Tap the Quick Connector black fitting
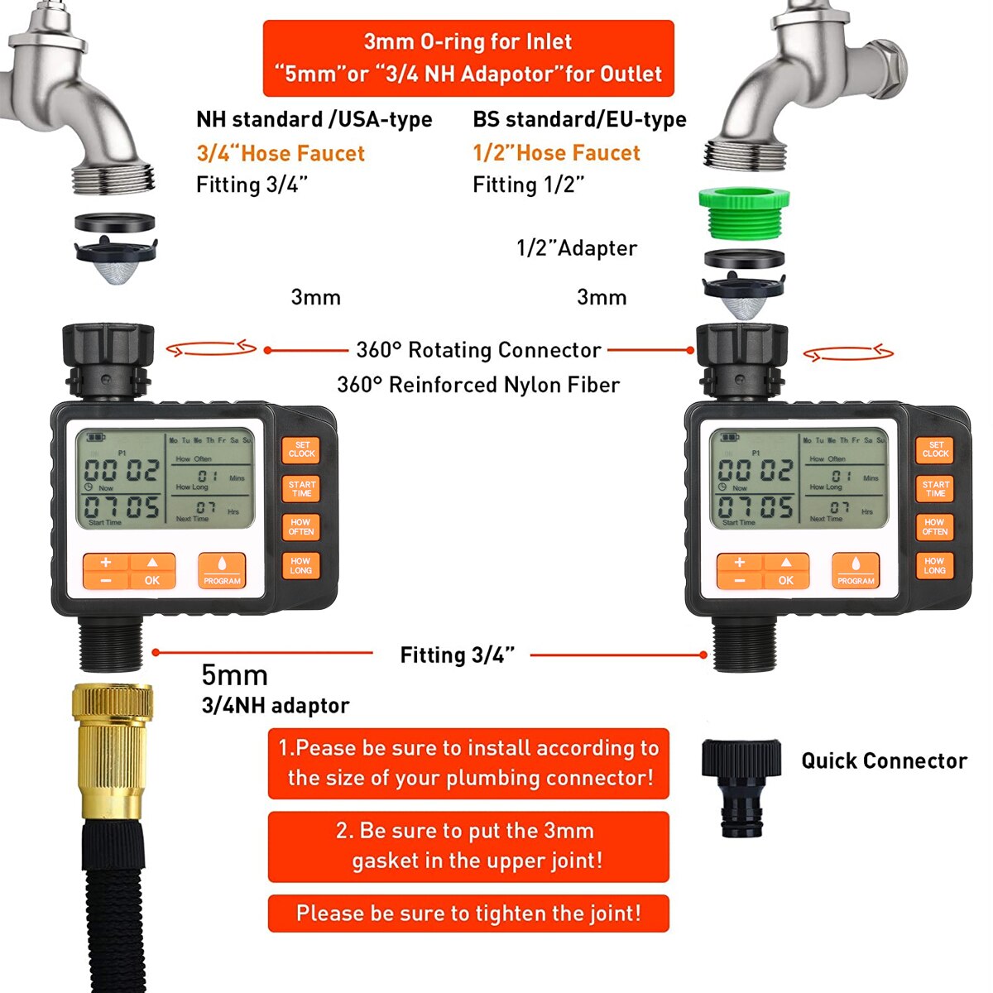point(741,786)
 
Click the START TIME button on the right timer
point(935,489)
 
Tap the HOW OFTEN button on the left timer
point(300,527)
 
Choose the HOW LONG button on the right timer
point(934,566)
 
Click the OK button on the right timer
point(786,572)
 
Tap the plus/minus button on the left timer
point(106,571)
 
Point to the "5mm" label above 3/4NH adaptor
point(234,675)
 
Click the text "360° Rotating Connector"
point(478,350)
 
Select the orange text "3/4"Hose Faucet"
point(281,153)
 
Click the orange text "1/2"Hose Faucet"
point(556,153)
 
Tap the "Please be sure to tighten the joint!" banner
point(468,914)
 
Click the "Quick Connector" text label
point(884,761)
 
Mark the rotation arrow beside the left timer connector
point(212,349)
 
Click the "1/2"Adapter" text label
point(576,248)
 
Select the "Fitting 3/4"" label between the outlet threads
point(457,655)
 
